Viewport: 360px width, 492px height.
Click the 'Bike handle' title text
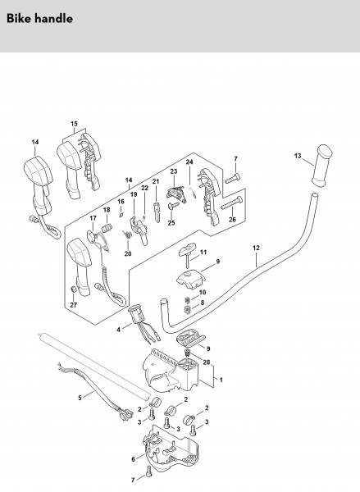(x=39, y=19)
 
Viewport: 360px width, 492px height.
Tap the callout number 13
(x=298, y=156)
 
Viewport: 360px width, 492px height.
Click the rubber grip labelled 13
(x=322, y=166)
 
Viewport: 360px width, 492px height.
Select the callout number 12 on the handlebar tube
(x=256, y=248)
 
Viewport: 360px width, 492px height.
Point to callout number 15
(x=74, y=124)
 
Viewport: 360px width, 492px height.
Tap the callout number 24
(x=189, y=162)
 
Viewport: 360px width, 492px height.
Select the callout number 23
(x=174, y=171)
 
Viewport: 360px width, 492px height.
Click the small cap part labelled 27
(x=72, y=289)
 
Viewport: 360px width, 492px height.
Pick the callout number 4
(x=118, y=330)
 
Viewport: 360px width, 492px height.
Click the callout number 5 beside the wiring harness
(x=80, y=398)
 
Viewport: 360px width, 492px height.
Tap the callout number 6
(x=133, y=459)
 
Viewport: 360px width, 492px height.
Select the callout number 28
(x=206, y=362)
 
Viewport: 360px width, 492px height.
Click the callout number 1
(x=221, y=380)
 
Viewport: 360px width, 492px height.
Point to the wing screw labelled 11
(x=188, y=254)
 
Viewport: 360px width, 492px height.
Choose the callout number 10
(x=203, y=293)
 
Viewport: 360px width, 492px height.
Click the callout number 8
(x=203, y=303)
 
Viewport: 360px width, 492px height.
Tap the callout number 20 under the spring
(x=128, y=253)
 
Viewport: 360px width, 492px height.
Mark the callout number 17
(x=93, y=218)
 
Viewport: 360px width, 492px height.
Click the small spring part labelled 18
(x=106, y=227)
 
